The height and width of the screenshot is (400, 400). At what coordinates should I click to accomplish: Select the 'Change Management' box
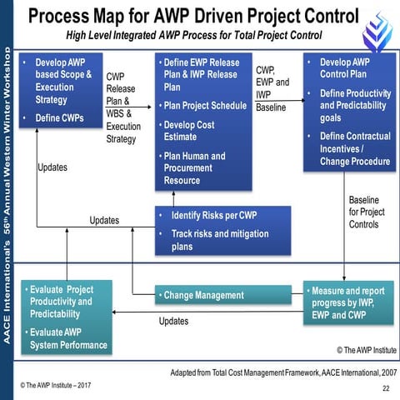[203, 295]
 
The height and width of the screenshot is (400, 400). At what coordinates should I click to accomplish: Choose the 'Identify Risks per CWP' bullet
[213, 216]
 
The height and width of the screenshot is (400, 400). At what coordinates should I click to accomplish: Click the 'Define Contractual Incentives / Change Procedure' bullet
[352, 148]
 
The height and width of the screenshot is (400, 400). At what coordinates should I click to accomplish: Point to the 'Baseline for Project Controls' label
[366, 212]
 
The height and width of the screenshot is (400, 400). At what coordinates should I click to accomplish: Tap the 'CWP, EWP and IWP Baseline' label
[273, 89]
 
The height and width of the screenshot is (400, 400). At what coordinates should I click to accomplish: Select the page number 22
[384, 389]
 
